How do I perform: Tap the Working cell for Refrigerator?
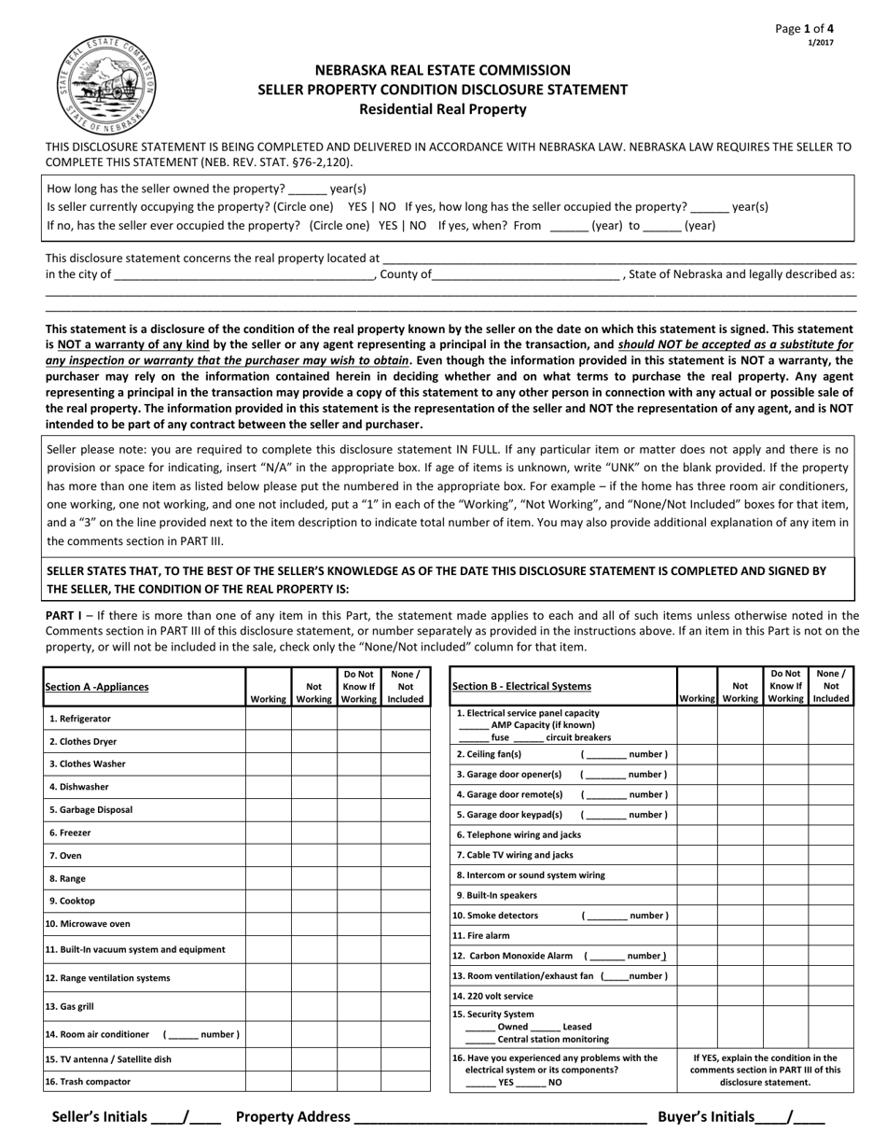(x=268, y=719)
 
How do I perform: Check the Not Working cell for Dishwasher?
(x=314, y=787)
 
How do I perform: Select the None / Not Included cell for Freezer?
(x=406, y=833)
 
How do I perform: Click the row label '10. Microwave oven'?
(x=89, y=924)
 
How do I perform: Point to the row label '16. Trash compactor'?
(x=88, y=1082)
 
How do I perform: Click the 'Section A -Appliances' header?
(x=97, y=687)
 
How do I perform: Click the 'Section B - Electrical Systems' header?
(x=521, y=687)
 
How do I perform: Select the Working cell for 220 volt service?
(x=697, y=996)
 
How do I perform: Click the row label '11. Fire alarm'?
(x=481, y=935)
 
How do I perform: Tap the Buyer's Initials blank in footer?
(x=790, y=1117)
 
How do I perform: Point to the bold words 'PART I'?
(x=63, y=616)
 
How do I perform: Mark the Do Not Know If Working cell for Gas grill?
(x=359, y=1007)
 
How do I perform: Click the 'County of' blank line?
(x=527, y=274)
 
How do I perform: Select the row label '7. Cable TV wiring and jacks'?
(x=514, y=855)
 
